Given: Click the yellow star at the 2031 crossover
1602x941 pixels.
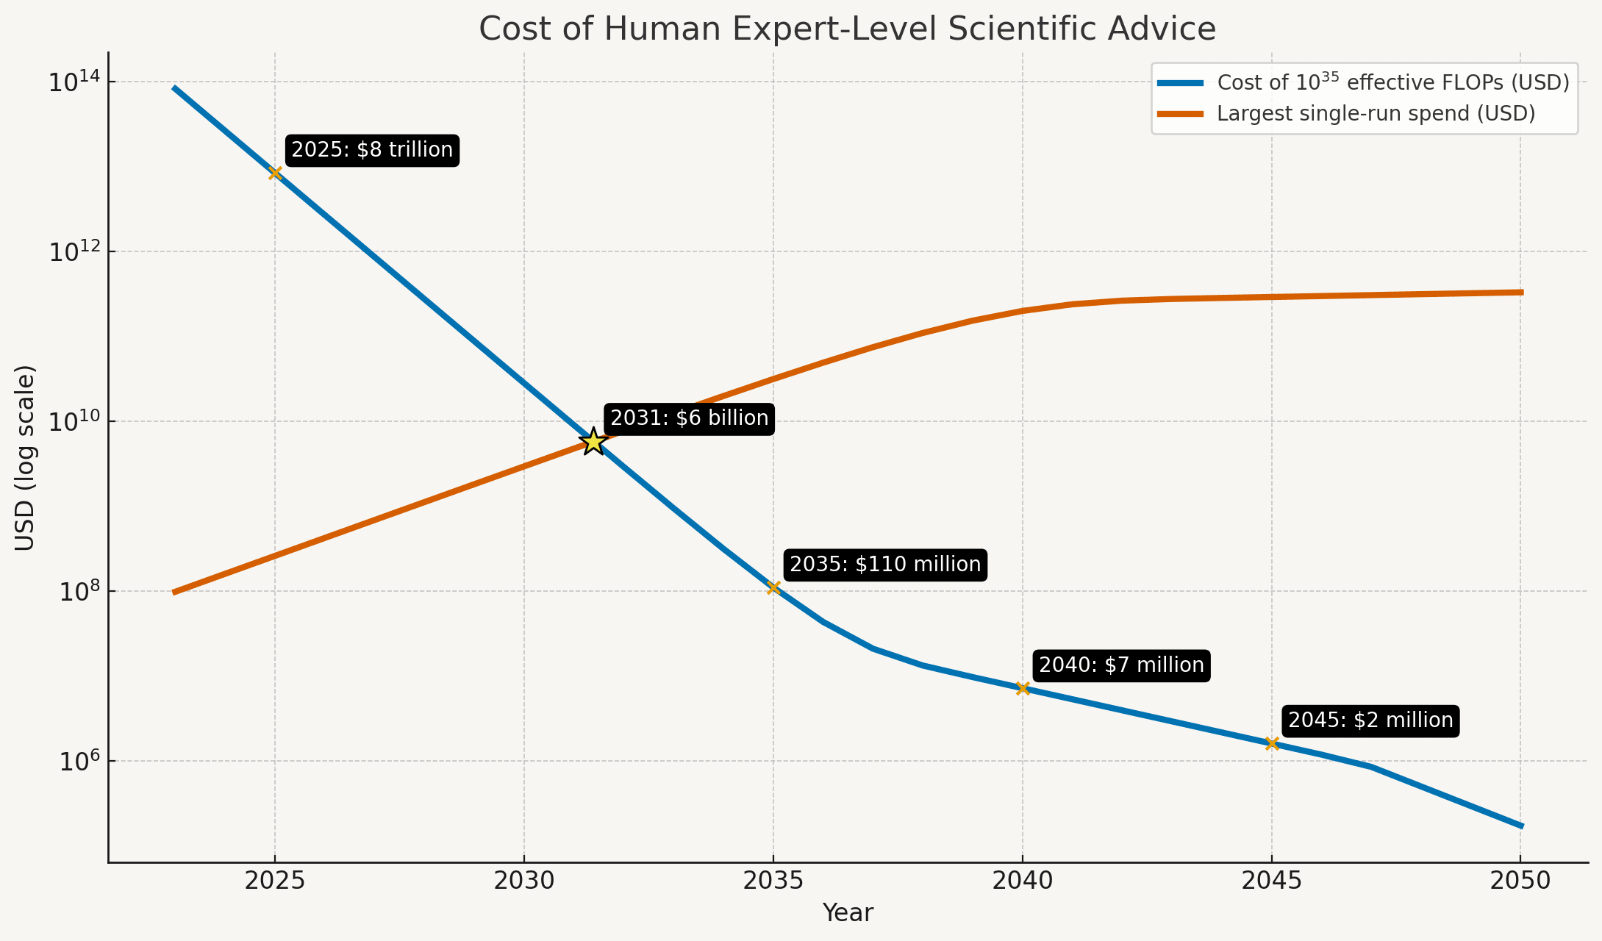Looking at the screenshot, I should (593, 442).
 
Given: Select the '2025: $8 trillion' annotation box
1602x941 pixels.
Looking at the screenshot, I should (372, 150).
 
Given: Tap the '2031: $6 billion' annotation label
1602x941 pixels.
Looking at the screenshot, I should (689, 418).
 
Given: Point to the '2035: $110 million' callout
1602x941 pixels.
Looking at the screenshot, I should (885, 565).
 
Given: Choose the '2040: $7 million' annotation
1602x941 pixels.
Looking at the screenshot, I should (1121, 665).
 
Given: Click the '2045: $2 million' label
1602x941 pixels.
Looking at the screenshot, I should (1370, 720).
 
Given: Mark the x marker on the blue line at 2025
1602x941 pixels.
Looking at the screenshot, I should (275, 173).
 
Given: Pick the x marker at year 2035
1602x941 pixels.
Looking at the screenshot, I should (773, 587).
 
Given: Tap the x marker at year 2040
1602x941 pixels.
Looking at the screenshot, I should (1023, 688).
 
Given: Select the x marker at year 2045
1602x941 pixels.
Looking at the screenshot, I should (1272, 743).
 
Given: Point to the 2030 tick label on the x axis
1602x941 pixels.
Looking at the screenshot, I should (523, 881).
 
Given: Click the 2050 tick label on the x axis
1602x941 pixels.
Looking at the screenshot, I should (1520, 881).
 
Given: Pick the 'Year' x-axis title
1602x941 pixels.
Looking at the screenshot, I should (848, 913).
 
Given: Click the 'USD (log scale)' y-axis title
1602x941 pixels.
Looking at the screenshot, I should (25, 457).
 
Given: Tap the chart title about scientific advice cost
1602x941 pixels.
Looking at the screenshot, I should (847, 29).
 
